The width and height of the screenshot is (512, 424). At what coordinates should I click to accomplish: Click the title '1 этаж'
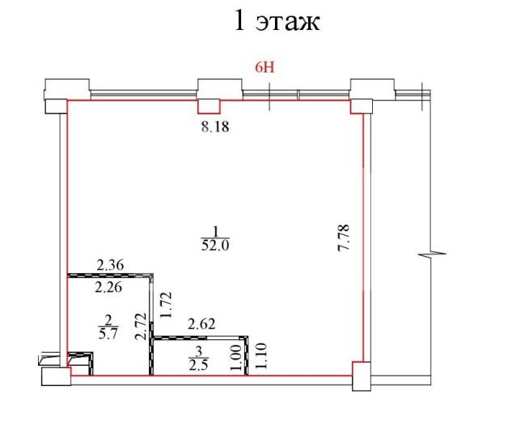point(277,21)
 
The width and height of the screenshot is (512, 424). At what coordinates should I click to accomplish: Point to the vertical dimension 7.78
point(342,240)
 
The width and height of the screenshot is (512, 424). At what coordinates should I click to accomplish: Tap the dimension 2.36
point(110,264)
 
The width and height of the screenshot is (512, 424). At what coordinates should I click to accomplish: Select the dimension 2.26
point(110,285)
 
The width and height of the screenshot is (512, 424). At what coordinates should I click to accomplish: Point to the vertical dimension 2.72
point(140,329)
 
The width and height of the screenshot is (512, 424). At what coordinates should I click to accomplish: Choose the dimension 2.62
point(201,324)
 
